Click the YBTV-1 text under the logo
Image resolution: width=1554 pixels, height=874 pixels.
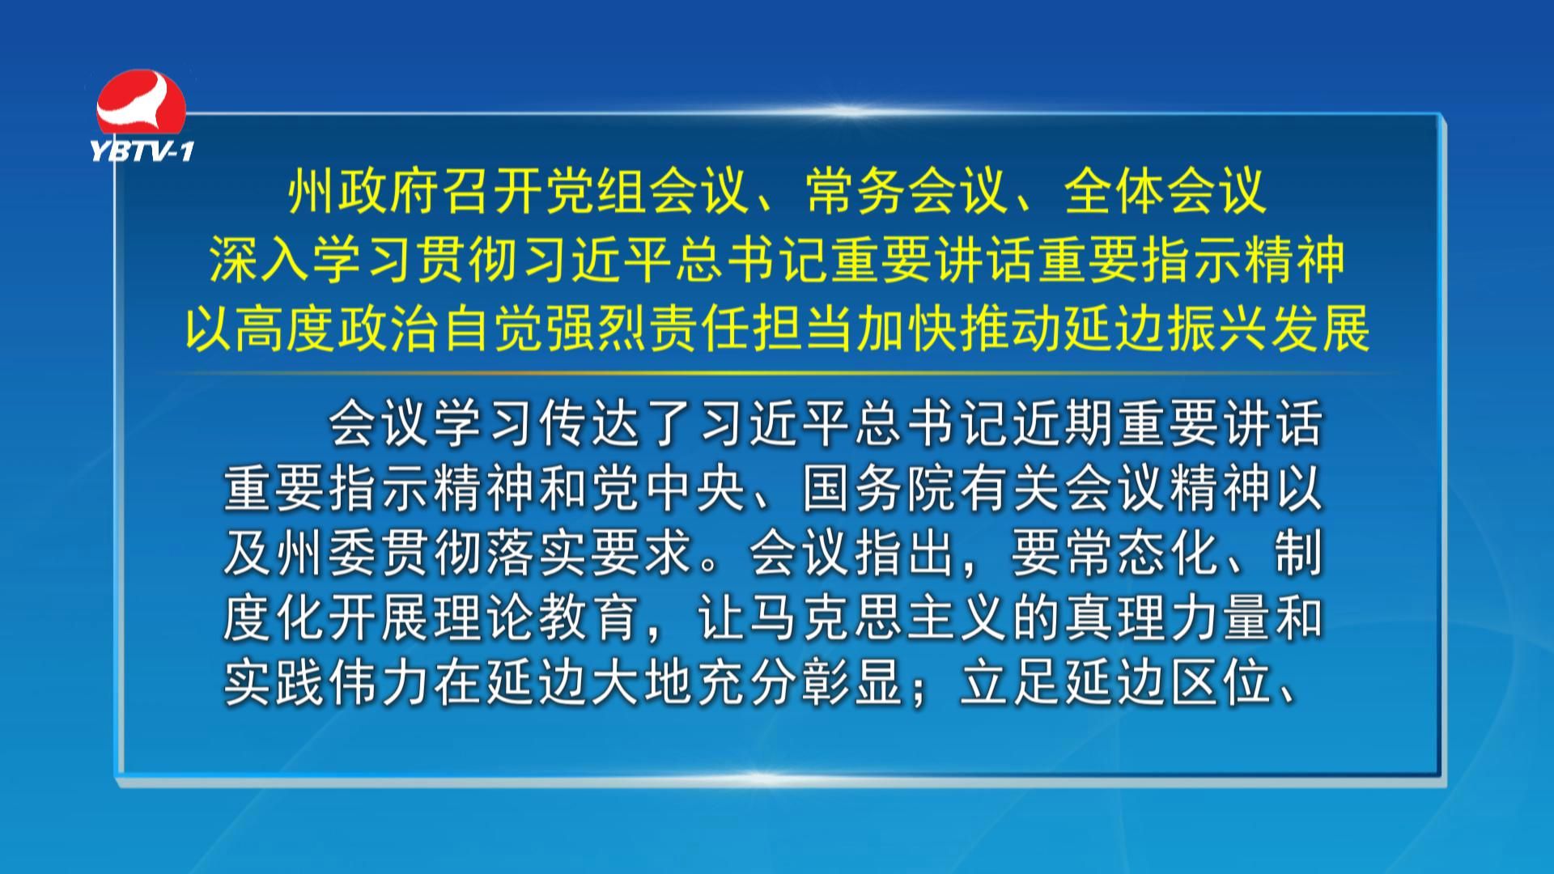click(x=142, y=151)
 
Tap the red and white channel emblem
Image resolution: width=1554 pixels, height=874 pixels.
click(x=142, y=104)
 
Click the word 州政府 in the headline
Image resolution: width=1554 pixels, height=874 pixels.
click(x=364, y=192)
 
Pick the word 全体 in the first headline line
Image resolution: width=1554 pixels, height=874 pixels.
click(x=1115, y=192)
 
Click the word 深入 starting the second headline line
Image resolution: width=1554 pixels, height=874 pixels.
click(x=261, y=260)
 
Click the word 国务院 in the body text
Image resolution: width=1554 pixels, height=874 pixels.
click(x=881, y=488)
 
